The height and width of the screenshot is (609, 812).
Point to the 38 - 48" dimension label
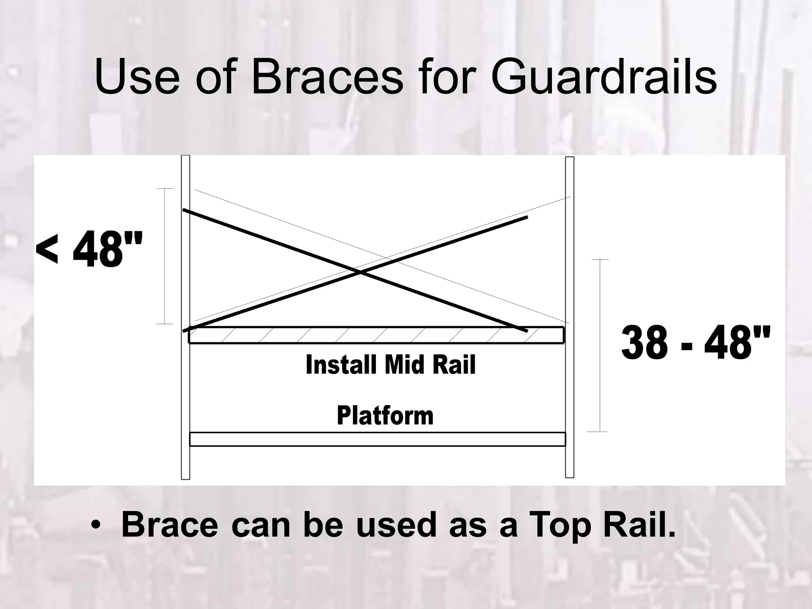[x=696, y=342]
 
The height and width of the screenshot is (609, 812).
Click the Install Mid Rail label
[x=391, y=365]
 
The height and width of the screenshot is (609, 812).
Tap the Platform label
[x=385, y=416]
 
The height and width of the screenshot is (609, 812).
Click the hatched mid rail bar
[x=376, y=335]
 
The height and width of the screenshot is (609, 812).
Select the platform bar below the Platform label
[x=377, y=439]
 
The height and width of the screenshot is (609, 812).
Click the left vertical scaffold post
[x=186, y=396]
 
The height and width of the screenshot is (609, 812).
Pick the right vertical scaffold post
[x=569, y=396]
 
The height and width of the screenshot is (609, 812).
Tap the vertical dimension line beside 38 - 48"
[x=600, y=345]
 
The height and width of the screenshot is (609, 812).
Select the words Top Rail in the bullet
[x=602, y=525]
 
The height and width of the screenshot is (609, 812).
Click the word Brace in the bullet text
[x=170, y=525]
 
